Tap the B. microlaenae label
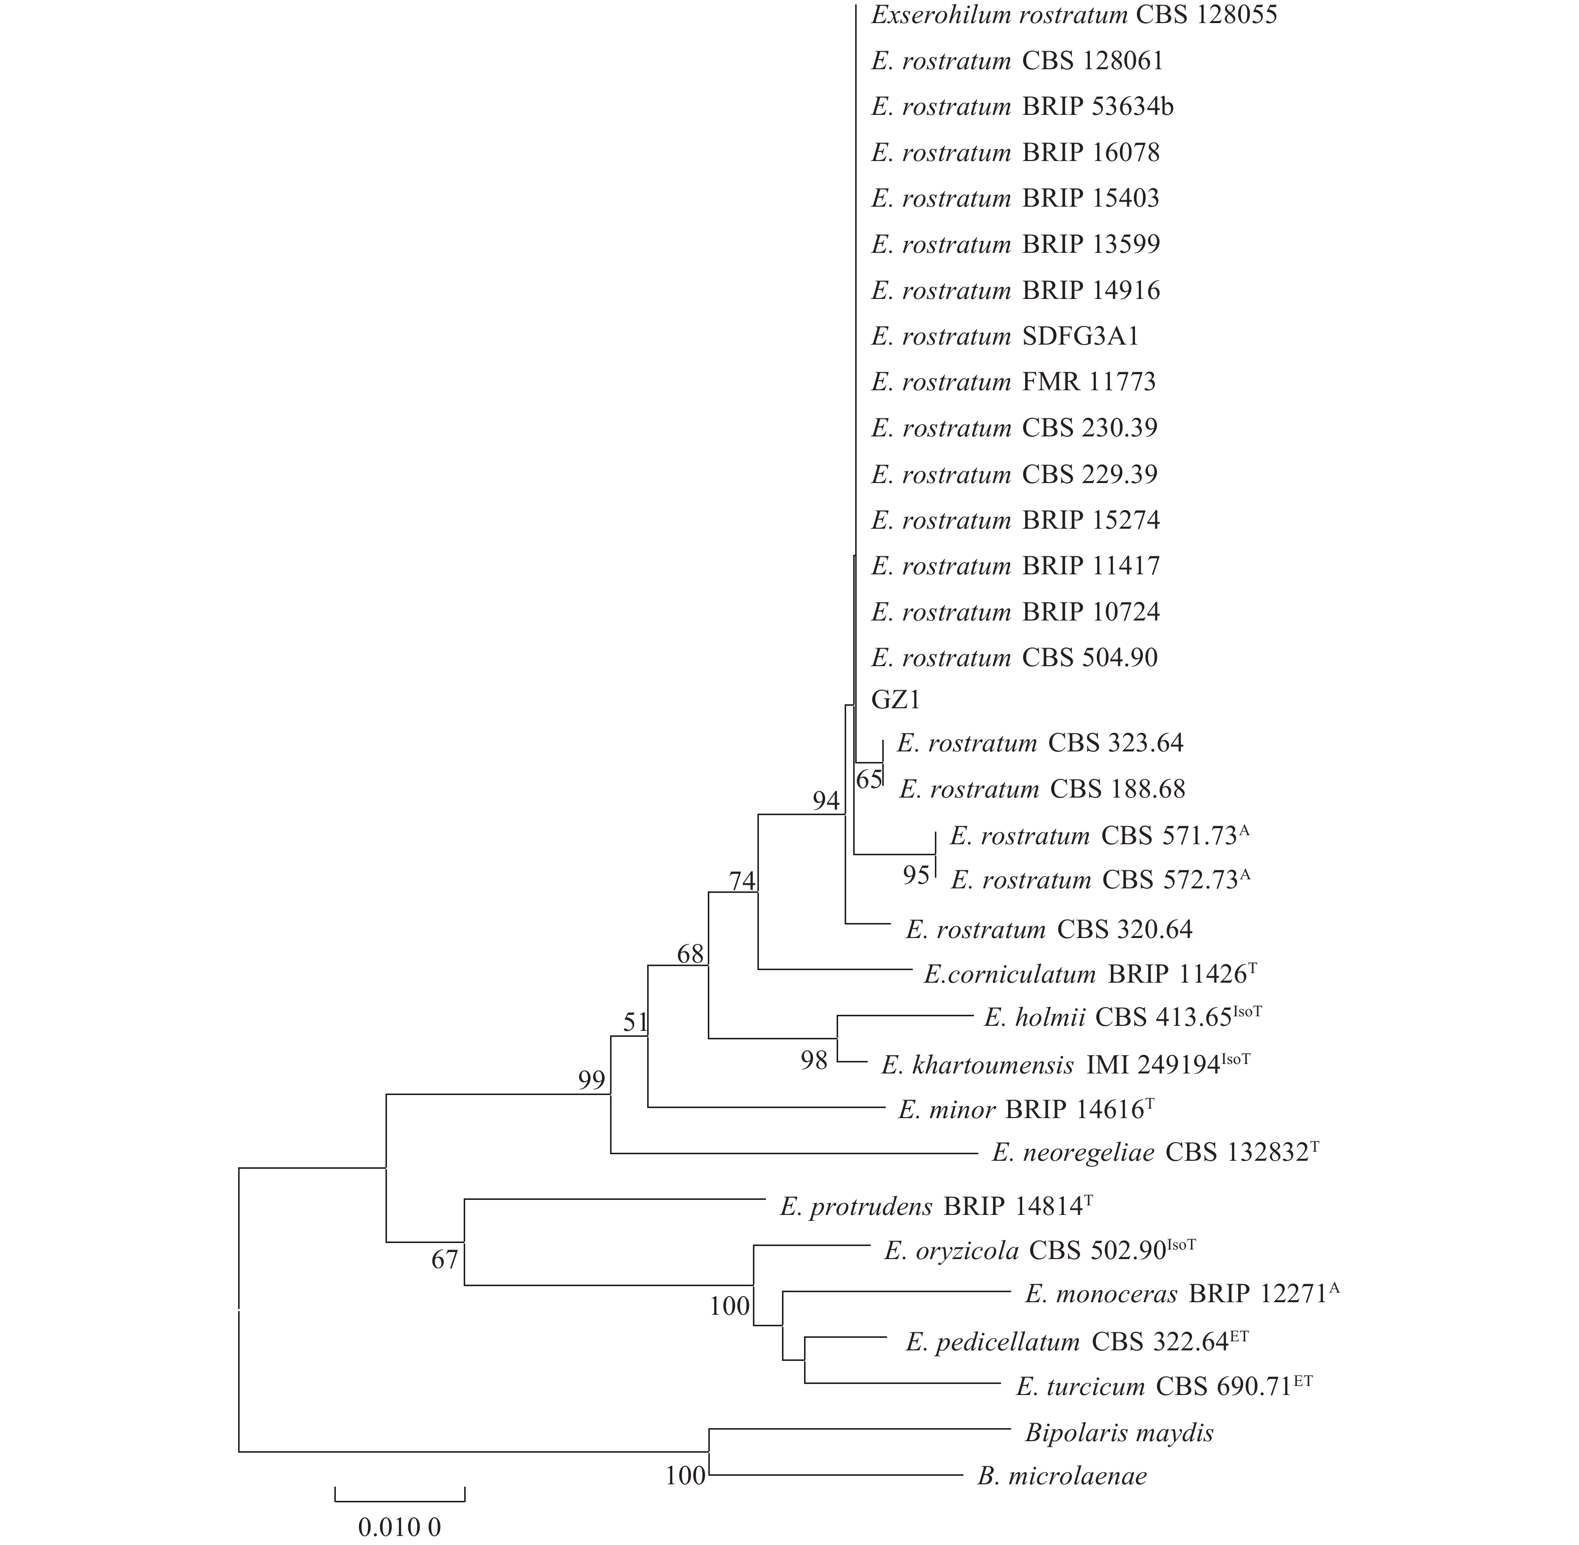coord(1062,1475)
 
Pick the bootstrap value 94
coord(827,801)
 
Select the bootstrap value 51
coord(636,1022)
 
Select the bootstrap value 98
coord(814,1060)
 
